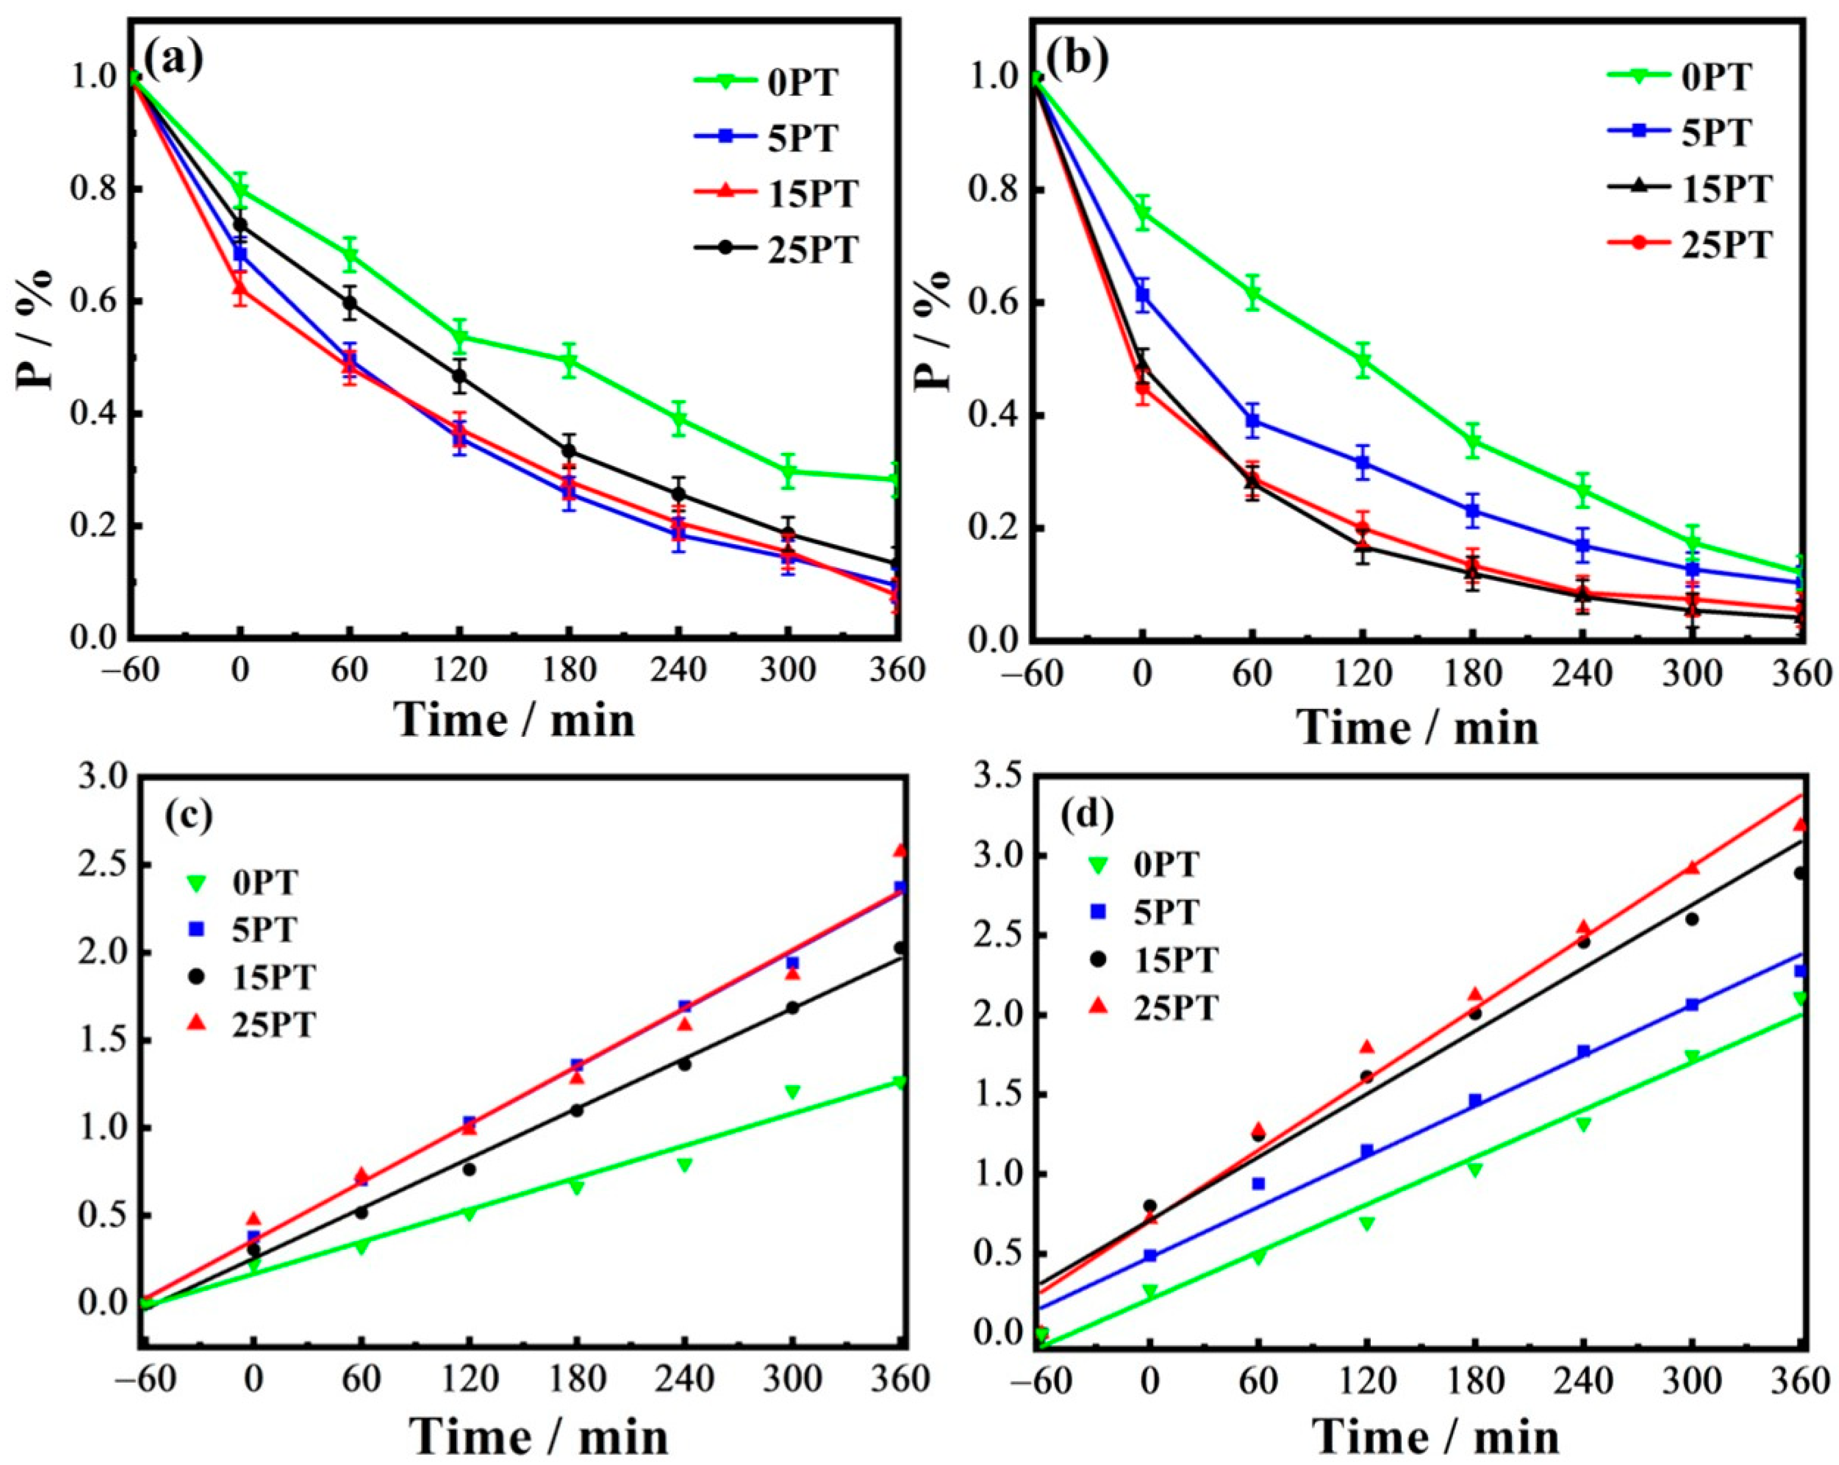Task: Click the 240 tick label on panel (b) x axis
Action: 1582,676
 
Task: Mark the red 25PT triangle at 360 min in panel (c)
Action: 900,851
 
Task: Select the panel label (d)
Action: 1086,817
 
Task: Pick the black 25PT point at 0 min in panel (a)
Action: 240,225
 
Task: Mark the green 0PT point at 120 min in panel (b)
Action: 1362,362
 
